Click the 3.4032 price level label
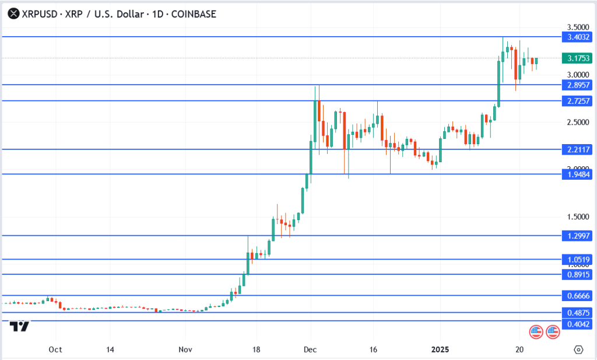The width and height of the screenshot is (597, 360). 578,37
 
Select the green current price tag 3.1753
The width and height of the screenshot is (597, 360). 578,58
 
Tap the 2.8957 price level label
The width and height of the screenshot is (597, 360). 578,85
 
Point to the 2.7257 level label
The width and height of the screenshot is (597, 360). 578,101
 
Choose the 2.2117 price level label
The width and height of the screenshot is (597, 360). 578,149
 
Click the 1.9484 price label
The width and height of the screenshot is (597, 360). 578,174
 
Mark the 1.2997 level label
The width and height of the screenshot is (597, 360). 578,236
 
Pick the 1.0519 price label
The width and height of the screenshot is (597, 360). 578,260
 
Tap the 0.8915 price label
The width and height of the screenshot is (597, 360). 578,274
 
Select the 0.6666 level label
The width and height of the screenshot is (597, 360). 578,296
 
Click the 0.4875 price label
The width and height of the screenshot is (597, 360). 578,312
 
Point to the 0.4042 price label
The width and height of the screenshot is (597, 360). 578,323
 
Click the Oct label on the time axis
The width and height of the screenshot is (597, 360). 55,349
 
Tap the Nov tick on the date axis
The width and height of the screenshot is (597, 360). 185,349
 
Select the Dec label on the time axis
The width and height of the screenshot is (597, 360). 310,349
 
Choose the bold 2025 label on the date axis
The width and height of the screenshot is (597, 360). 440,349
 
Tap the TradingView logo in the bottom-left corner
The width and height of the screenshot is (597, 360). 22,326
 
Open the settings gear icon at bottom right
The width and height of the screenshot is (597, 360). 578,349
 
